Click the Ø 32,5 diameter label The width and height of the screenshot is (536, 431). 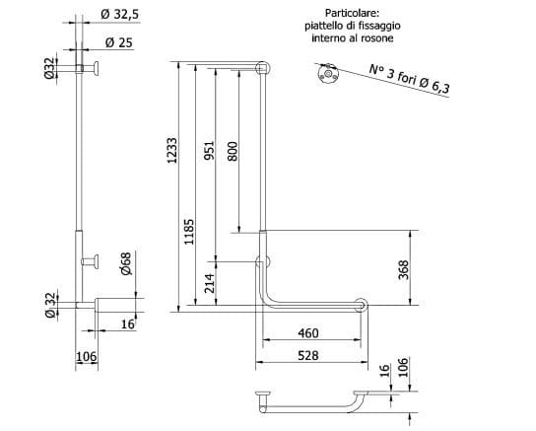point(119,15)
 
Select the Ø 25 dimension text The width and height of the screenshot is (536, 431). point(118,42)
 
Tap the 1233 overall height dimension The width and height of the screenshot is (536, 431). point(172,151)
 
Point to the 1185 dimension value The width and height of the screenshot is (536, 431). point(189,232)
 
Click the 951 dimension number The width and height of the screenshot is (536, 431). point(209,150)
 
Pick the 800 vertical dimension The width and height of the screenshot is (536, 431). point(233,151)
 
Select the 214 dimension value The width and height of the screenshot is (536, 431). point(209,283)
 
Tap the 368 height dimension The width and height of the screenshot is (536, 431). point(404,270)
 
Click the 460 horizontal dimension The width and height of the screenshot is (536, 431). point(308,332)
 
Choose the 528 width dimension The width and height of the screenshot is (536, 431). point(308,355)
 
